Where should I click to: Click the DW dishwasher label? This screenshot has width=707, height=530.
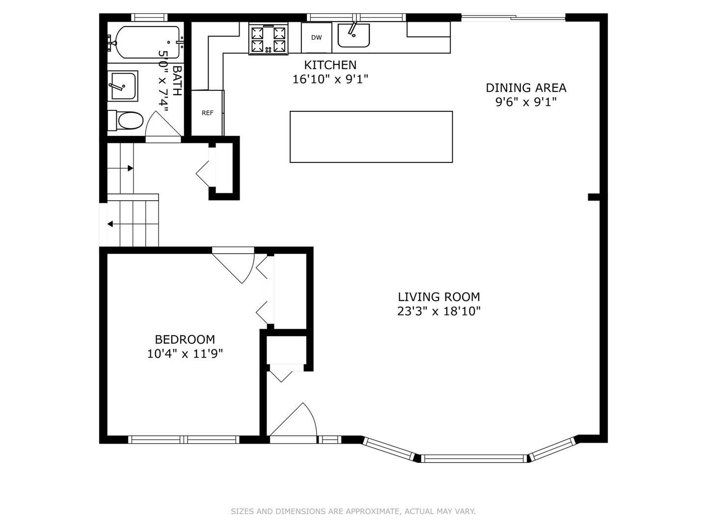(x=316, y=38)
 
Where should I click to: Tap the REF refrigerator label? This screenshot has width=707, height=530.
(x=207, y=113)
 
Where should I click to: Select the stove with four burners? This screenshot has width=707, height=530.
(x=268, y=39)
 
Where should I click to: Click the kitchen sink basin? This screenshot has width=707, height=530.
(x=353, y=35)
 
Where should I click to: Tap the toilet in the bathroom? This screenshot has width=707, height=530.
(x=126, y=120)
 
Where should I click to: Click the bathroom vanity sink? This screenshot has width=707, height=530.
(x=123, y=86)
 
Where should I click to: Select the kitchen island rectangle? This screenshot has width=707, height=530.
(x=371, y=137)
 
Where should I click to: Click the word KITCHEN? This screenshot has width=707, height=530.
(x=330, y=65)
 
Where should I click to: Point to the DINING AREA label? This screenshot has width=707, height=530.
(x=526, y=88)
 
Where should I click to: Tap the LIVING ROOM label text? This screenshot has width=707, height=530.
(x=439, y=297)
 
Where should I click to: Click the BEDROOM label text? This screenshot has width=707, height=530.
(x=185, y=340)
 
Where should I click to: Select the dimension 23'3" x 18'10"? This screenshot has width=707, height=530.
(x=439, y=311)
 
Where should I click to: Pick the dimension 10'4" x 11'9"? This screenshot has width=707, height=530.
(x=185, y=354)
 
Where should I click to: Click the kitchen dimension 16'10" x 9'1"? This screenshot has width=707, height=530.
(x=330, y=79)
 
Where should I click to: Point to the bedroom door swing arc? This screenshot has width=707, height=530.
(x=250, y=271)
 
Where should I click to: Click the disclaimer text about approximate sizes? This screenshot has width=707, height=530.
(x=353, y=511)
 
